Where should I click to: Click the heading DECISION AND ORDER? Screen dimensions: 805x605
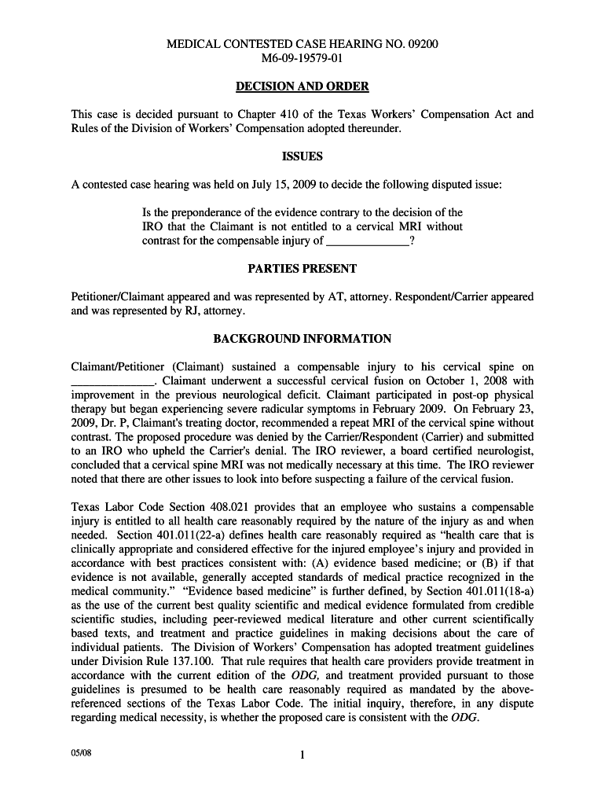(x=302, y=86)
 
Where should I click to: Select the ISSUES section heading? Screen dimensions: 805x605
(x=302, y=156)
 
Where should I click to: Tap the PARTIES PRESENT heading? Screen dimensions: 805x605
(x=302, y=269)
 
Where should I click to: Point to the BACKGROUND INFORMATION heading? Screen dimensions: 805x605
(x=302, y=339)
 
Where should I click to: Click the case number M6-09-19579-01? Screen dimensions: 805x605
(x=302, y=59)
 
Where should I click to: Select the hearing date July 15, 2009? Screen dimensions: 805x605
(x=279, y=185)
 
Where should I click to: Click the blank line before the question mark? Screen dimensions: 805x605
(x=367, y=242)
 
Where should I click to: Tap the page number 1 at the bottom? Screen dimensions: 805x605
(x=302, y=756)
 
